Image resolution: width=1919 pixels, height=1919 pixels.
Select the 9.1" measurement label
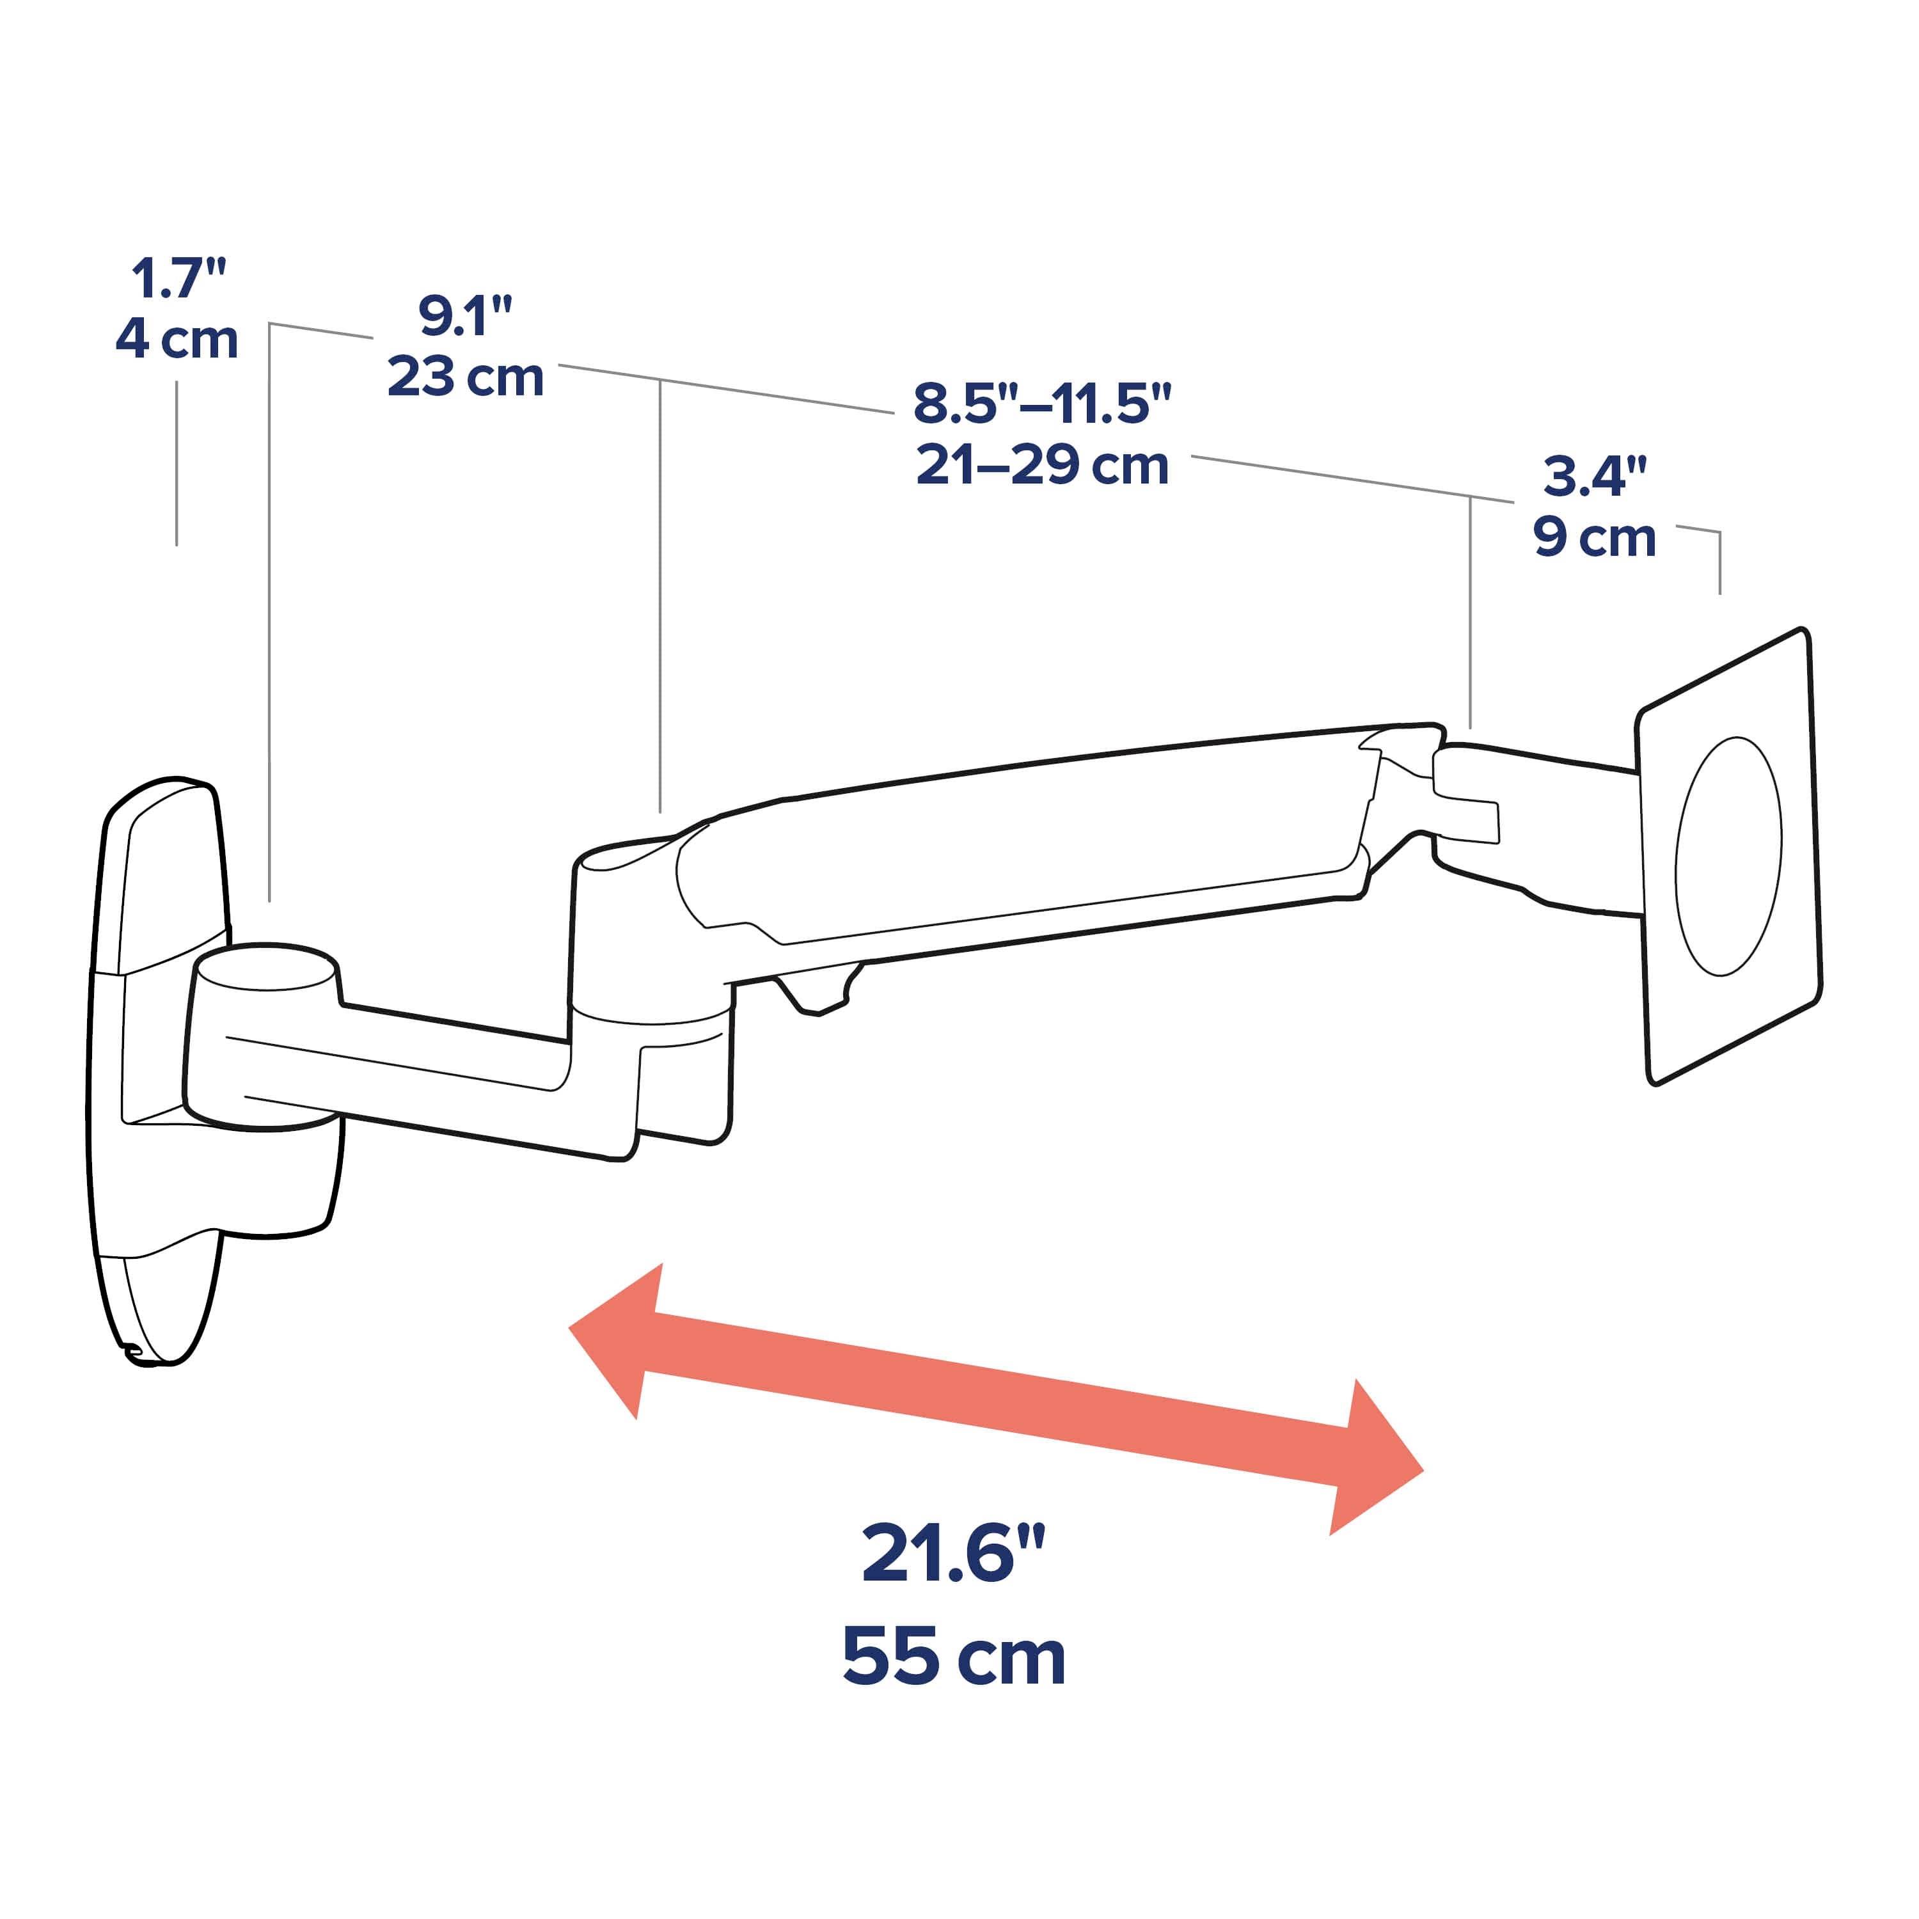pos(465,317)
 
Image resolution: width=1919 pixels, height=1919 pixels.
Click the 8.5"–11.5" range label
pos(1042,404)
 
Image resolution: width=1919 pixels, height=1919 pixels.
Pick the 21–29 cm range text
pos(1042,466)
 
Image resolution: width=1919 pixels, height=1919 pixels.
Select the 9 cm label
pos(1593,537)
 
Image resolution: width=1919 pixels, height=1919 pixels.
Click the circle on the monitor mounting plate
pos(1728,857)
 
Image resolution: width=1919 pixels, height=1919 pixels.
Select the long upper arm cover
pos(1023,844)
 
